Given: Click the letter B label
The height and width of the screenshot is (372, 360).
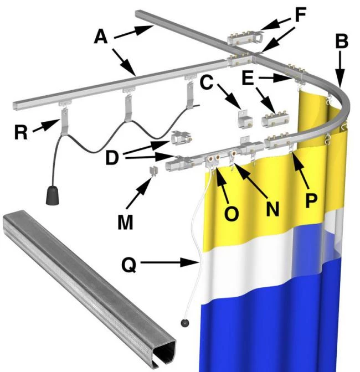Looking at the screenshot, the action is pyautogui.click(x=342, y=41).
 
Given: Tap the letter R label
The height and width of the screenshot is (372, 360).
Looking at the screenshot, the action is pyautogui.click(x=21, y=132).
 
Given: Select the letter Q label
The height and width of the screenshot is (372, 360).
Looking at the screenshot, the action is pyautogui.click(x=129, y=264).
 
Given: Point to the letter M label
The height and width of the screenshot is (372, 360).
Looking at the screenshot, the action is pyautogui.click(x=125, y=223).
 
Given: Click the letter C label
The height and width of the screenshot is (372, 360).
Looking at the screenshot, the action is pyautogui.click(x=207, y=82).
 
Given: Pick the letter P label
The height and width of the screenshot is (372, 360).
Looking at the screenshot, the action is pyautogui.click(x=311, y=200).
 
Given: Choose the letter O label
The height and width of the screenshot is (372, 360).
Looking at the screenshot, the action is pyautogui.click(x=232, y=214).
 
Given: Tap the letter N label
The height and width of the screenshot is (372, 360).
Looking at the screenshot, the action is pyautogui.click(x=272, y=209).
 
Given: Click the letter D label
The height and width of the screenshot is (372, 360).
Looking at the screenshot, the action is pyautogui.click(x=112, y=158).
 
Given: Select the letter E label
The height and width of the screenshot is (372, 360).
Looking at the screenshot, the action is pyautogui.click(x=248, y=78).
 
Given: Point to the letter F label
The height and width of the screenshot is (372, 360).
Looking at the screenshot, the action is pyautogui.click(x=300, y=14).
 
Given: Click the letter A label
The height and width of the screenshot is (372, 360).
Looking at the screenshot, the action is pyautogui.click(x=101, y=37).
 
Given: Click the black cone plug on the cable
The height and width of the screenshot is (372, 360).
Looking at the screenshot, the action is pyautogui.click(x=53, y=195).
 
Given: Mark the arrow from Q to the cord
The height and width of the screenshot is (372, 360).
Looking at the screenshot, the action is pyautogui.click(x=170, y=262).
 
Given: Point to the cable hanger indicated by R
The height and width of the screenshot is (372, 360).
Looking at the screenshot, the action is pyautogui.click(x=64, y=121).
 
